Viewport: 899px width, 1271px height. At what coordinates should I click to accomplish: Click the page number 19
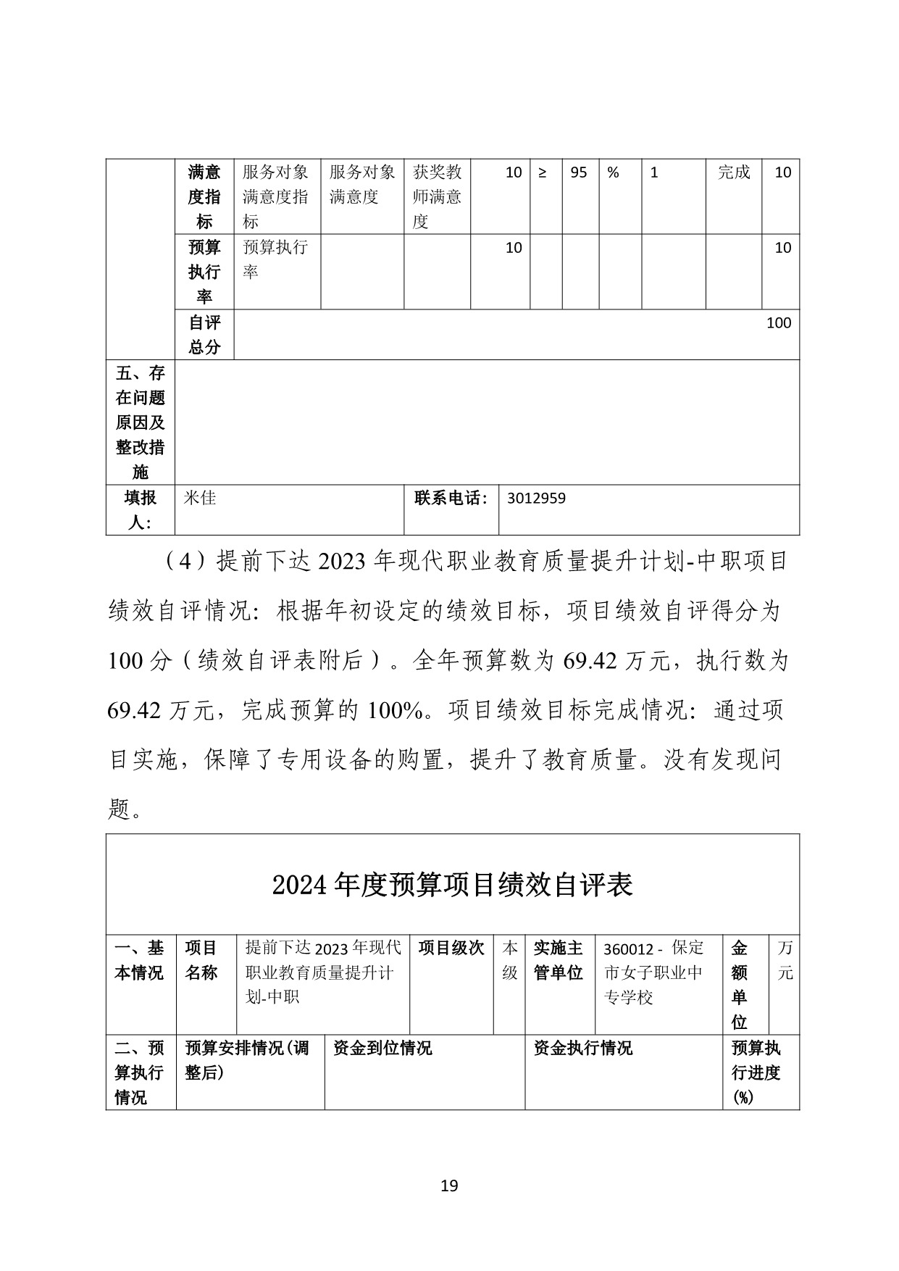[449, 1185]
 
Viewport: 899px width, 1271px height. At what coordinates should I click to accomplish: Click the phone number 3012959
[536, 499]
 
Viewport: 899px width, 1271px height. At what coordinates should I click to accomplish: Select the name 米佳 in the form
[200, 499]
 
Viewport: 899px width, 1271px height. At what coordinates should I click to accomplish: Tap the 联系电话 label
[451, 499]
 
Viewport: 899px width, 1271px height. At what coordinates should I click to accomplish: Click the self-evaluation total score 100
[778, 323]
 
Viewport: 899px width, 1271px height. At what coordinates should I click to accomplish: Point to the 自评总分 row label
[204, 335]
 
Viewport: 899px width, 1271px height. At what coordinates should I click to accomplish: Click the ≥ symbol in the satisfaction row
[543, 172]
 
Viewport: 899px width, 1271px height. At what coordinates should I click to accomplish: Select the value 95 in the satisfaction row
[578, 172]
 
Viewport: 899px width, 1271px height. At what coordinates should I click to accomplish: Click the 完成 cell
[733, 172]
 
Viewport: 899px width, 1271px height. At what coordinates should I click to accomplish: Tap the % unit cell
[613, 172]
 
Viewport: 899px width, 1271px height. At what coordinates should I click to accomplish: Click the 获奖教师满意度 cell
[437, 196]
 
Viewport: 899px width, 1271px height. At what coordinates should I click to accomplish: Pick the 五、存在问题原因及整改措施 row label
[141, 422]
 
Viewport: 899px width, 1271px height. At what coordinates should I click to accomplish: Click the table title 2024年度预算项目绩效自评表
[453, 885]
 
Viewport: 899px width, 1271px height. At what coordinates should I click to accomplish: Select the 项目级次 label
[451, 949]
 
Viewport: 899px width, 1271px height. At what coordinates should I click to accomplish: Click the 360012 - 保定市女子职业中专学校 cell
[653, 972]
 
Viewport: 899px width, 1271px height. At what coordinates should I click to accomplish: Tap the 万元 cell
[785, 960]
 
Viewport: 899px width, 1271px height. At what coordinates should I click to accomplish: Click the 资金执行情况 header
[582, 1048]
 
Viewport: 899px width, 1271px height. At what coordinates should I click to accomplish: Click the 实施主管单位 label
[558, 960]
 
